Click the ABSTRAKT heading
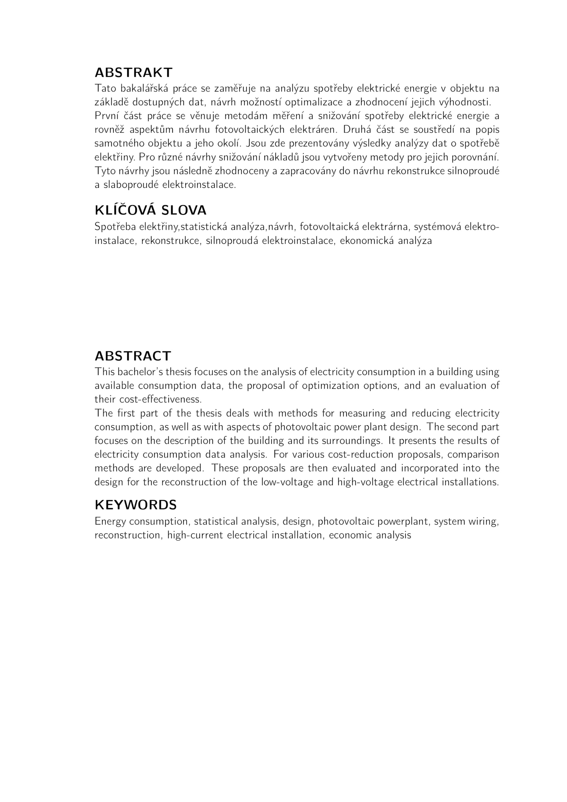(x=133, y=73)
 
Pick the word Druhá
(x=357, y=130)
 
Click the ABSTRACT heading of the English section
(x=133, y=356)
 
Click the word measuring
(x=363, y=413)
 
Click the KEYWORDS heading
(x=135, y=505)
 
